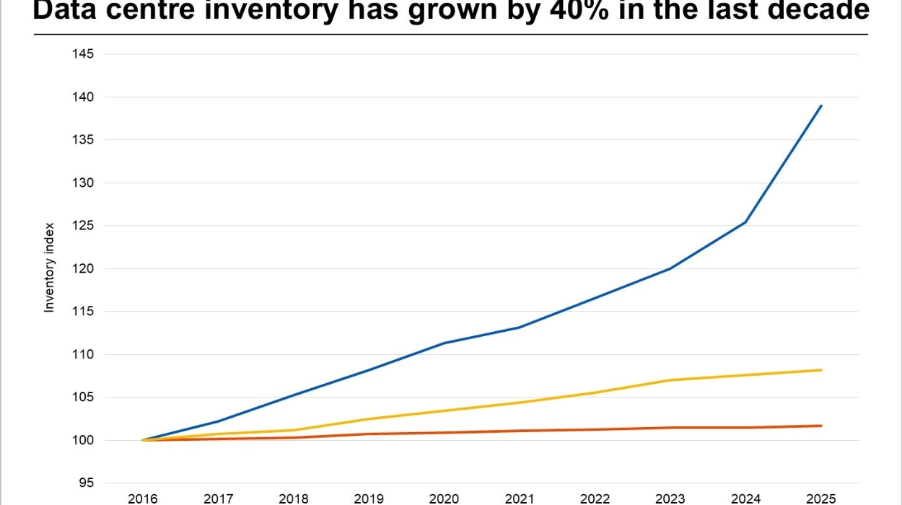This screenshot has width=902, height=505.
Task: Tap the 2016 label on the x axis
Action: tap(143, 499)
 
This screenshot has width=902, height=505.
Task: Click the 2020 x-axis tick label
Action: tap(444, 499)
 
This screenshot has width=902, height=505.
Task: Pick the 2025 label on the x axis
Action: tap(820, 499)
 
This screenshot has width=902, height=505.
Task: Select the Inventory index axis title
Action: tap(50, 268)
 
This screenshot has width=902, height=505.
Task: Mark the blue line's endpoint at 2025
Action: tap(821, 106)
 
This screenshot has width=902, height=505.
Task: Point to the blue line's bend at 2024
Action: tap(745, 222)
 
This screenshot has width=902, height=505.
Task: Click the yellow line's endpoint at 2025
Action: tap(821, 370)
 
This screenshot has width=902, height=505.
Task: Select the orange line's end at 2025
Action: tap(821, 426)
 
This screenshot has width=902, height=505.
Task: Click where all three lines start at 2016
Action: tap(144, 440)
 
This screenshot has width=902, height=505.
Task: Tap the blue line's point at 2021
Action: tap(520, 328)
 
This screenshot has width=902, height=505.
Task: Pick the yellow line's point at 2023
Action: tap(670, 380)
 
